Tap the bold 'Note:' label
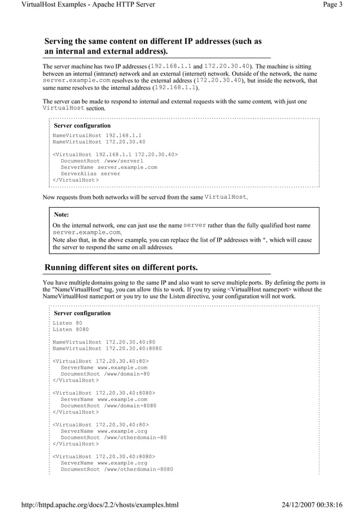click(x=61, y=215)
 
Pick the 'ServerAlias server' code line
click(x=90, y=174)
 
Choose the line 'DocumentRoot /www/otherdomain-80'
click(x=113, y=437)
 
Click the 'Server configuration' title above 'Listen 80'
click(x=82, y=313)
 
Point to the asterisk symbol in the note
click(x=265, y=240)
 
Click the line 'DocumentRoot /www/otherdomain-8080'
click(x=117, y=469)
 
